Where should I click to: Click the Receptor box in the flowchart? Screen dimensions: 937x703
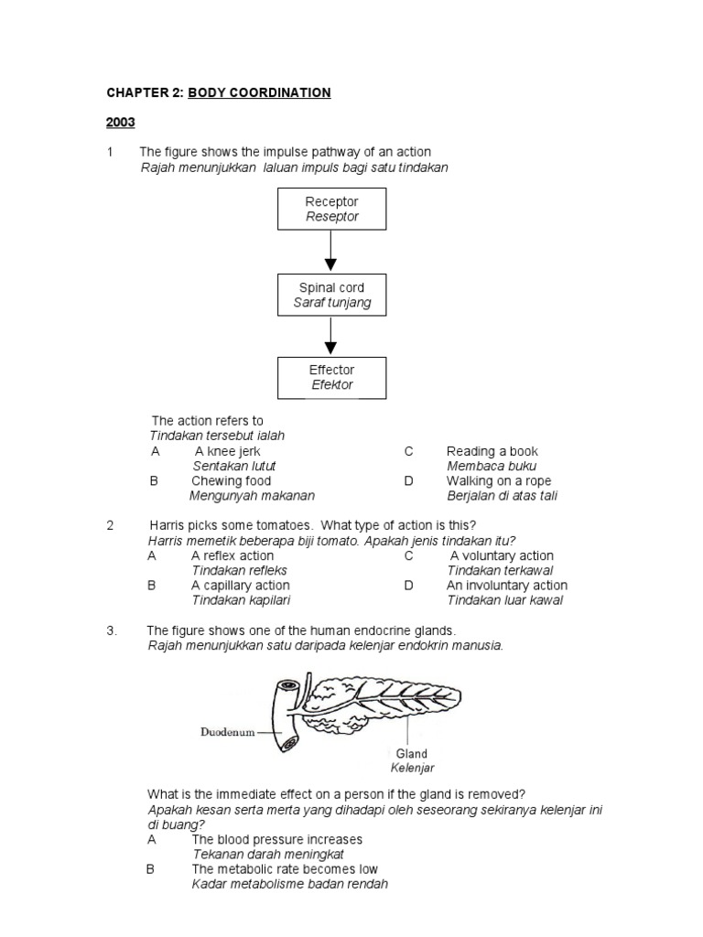coord(331,209)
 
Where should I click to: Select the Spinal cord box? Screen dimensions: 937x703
coord(331,295)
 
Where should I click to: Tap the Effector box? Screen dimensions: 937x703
coord(331,377)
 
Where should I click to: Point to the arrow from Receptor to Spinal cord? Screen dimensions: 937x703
coord(331,251)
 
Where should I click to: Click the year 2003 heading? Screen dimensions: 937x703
coord(120,122)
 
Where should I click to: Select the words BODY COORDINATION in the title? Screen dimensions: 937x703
coord(259,92)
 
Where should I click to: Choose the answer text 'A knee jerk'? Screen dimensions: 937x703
coord(228,451)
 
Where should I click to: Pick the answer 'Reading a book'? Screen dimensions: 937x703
coord(492,451)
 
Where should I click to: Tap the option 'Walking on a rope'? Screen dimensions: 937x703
coord(499,480)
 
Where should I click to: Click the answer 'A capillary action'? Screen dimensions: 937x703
coord(240,586)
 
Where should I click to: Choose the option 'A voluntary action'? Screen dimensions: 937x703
coord(502,555)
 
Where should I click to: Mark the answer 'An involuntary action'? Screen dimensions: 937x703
coord(506,586)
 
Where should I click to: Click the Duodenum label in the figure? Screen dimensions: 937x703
coord(228,732)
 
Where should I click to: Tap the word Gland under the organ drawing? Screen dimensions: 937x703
coord(411,754)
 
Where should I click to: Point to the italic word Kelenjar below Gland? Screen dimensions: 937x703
coord(412,769)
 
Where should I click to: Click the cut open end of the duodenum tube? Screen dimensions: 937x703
coord(288,685)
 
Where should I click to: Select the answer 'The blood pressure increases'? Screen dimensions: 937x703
coord(276,839)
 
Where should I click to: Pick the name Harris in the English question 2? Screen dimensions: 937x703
coord(167,525)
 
